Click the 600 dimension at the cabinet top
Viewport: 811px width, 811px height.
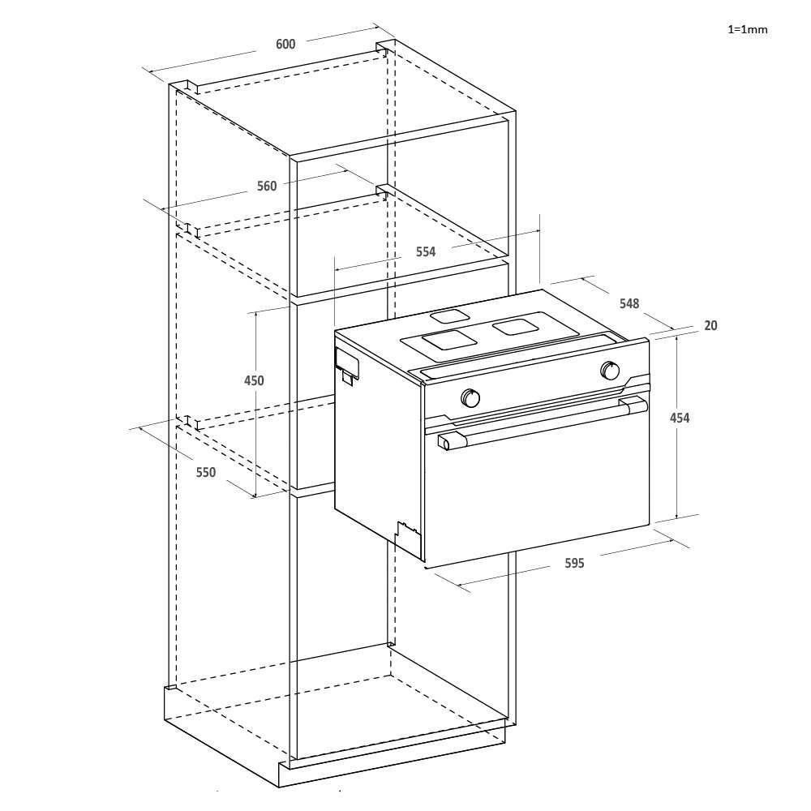pyautogui.click(x=285, y=44)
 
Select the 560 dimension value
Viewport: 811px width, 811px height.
pyautogui.click(x=267, y=186)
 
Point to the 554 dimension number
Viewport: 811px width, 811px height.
pyautogui.click(x=426, y=251)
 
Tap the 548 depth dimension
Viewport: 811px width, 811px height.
pyautogui.click(x=629, y=303)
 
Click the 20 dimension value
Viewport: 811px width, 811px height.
pyautogui.click(x=710, y=325)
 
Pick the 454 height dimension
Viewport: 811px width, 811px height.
pyautogui.click(x=680, y=418)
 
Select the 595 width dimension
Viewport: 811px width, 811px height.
pyautogui.click(x=574, y=563)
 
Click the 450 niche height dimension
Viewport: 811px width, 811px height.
pyautogui.click(x=254, y=380)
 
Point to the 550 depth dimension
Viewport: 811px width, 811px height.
pyautogui.click(x=206, y=472)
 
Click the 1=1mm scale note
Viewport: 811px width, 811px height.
pyautogui.click(x=747, y=29)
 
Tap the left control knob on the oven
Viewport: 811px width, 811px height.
pyautogui.click(x=470, y=398)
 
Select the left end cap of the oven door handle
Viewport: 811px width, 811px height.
pyautogui.click(x=444, y=441)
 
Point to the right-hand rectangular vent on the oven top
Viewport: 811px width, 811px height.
pyautogui.click(x=513, y=327)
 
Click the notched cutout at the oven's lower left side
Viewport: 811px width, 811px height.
pyautogui.click(x=406, y=534)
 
